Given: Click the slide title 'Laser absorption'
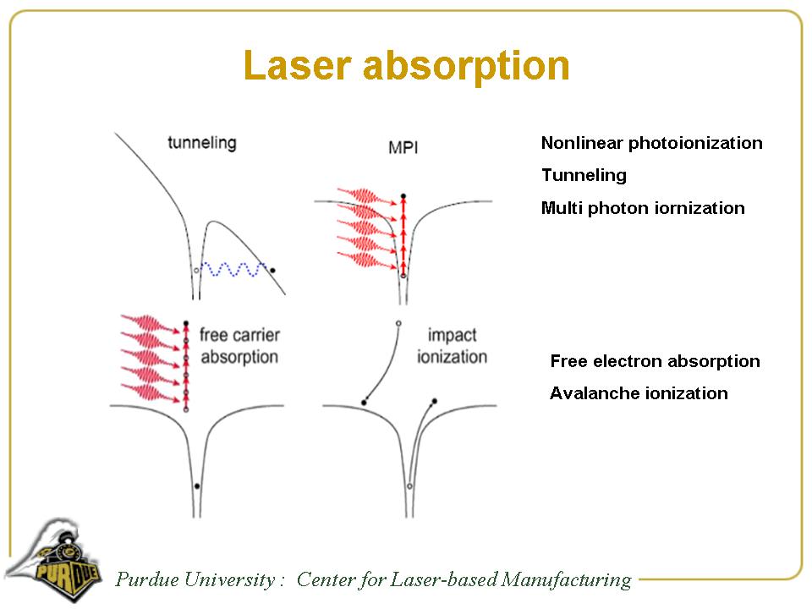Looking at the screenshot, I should point(406,65).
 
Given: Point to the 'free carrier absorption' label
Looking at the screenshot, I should point(239,345).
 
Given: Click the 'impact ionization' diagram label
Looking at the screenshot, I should point(452,345).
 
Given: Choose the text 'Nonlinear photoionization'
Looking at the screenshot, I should point(651,143).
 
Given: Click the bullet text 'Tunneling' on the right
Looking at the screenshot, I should point(584,175).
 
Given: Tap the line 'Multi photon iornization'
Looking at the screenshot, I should point(643,208).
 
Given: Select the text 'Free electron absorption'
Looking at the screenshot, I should point(655,361).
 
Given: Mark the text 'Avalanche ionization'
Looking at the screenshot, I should point(639,393).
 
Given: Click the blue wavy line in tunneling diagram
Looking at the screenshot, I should point(233,269).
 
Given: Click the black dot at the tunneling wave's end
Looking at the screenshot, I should point(272,269).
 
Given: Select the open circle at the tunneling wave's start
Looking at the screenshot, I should point(196,269).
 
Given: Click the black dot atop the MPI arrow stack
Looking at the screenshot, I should point(403,195).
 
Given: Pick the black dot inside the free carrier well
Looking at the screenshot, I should point(197,486).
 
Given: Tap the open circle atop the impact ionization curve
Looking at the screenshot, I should point(398,323).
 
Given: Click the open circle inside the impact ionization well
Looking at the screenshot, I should point(409,487).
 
